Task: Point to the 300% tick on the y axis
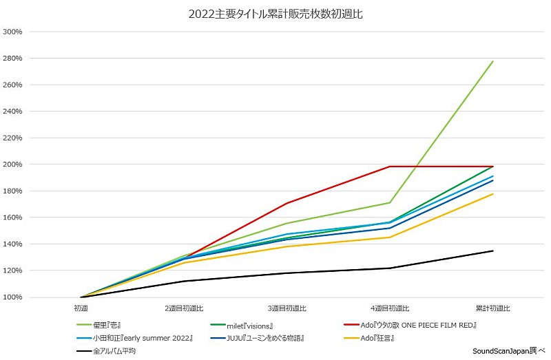point(13,32)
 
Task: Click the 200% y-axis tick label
point(13,165)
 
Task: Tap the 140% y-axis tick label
point(13,244)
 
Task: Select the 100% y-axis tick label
point(13,297)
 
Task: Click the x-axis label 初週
point(81,308)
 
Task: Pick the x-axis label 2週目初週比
point(184,308)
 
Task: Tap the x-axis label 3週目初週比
point(287,308)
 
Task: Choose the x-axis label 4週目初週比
point(390,308)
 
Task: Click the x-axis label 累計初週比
point(493,308)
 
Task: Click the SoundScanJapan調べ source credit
point(508,351)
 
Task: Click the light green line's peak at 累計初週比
point(493,61)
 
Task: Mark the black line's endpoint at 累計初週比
point(493,251)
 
